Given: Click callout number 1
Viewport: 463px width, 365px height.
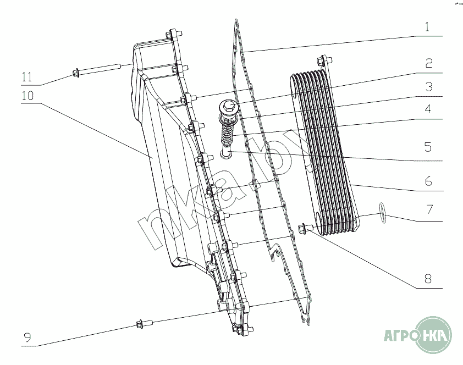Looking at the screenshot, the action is click(x=427, y=26).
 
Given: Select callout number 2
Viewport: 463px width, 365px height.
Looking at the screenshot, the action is click(x=428, y=63).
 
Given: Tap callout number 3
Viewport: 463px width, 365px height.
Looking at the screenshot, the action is click(x=428, y=87).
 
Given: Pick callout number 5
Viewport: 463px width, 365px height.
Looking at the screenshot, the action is click(x=428, y=147).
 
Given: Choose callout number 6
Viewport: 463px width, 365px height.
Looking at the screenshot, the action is click(x=428, y=180).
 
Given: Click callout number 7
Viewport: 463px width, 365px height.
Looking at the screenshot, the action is click(x=428, y=209).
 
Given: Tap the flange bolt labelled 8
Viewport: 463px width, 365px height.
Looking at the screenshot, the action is click(x=305, y=228).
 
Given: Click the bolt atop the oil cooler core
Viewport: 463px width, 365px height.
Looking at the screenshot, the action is click(x=322, y=62).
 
